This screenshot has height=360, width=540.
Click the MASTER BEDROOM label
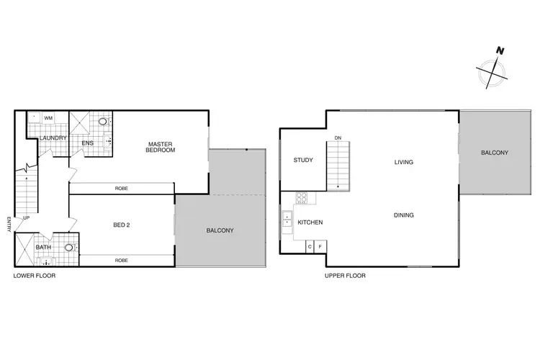coord(161,146)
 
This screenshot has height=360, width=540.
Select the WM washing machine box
coord(49,117)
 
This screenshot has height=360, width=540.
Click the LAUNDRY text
coord(53,138)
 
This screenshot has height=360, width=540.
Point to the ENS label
coord(89,143)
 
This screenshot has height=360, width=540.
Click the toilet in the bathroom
coord(70,248)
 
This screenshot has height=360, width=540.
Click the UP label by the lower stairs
coord(27,217)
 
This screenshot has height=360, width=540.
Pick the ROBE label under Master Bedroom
coord(122,188)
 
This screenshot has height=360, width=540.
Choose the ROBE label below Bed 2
coord(122,259)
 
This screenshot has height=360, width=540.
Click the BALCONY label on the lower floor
coord(220,230)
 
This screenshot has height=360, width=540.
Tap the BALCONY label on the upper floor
coord(495,153)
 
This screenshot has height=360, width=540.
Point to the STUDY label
coord(303,160)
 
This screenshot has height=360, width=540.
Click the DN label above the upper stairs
coord(337,138)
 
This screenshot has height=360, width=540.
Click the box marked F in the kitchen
coord(320,247)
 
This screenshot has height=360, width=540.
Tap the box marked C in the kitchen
coord(310,247)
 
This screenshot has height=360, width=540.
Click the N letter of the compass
coord(499,50)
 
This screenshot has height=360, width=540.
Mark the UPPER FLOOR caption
coord(346,276)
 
